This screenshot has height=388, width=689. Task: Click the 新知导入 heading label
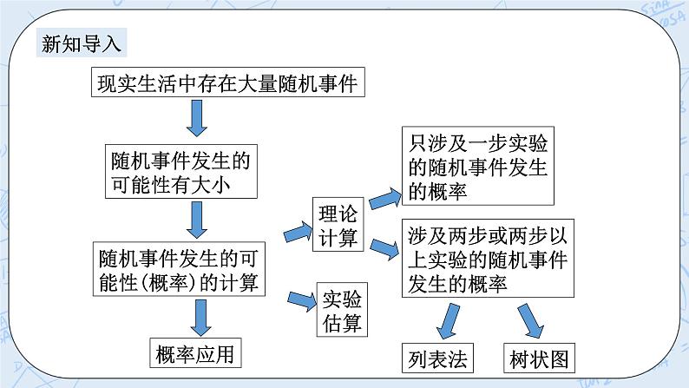pyautogui.click(x=83, y=43)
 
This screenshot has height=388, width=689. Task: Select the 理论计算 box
pyautogui.click(x=337, y=224)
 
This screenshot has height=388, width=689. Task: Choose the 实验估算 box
pyautogui.click(x=340, y=311)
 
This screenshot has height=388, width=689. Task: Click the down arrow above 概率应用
pyautogui.click(x=202, y=316)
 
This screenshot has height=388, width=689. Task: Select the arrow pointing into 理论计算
pyautogui.click(x=298, y=232)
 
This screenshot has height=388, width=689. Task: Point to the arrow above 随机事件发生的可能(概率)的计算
pyautogui.click(x=198, y=220)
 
